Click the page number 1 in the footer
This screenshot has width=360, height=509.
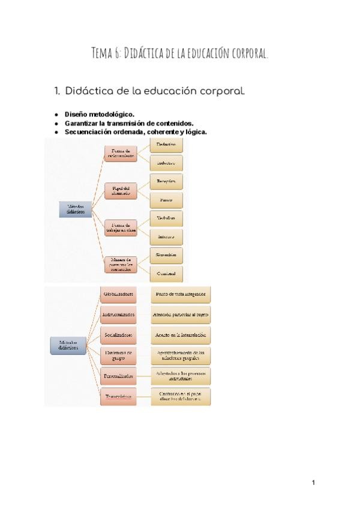coord(313,483)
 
